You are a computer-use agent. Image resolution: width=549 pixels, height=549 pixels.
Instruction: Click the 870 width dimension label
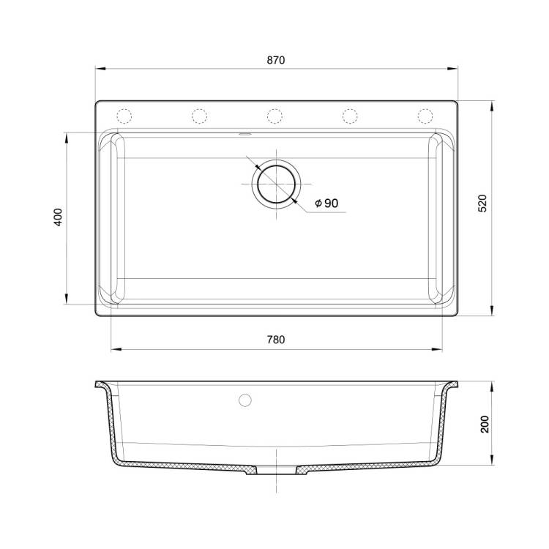[276, 60]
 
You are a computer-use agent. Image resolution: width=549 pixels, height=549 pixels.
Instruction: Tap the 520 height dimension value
[482, 203]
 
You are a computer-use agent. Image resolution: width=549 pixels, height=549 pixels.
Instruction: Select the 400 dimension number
[58, 217]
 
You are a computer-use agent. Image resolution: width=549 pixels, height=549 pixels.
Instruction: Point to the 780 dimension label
[276, 340]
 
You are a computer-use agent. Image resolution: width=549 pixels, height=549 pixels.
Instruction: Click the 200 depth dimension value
[485, 425]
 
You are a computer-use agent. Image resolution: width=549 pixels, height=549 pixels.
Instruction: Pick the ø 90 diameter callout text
[326, 203]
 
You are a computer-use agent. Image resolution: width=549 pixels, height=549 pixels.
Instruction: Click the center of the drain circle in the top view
[276, 184]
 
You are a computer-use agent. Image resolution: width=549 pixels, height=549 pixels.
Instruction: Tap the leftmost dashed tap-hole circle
[124, 116]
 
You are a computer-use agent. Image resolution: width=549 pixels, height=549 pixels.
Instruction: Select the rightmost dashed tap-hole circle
[425, 116]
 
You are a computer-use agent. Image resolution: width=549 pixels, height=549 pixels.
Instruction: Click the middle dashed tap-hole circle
[274, 116]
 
